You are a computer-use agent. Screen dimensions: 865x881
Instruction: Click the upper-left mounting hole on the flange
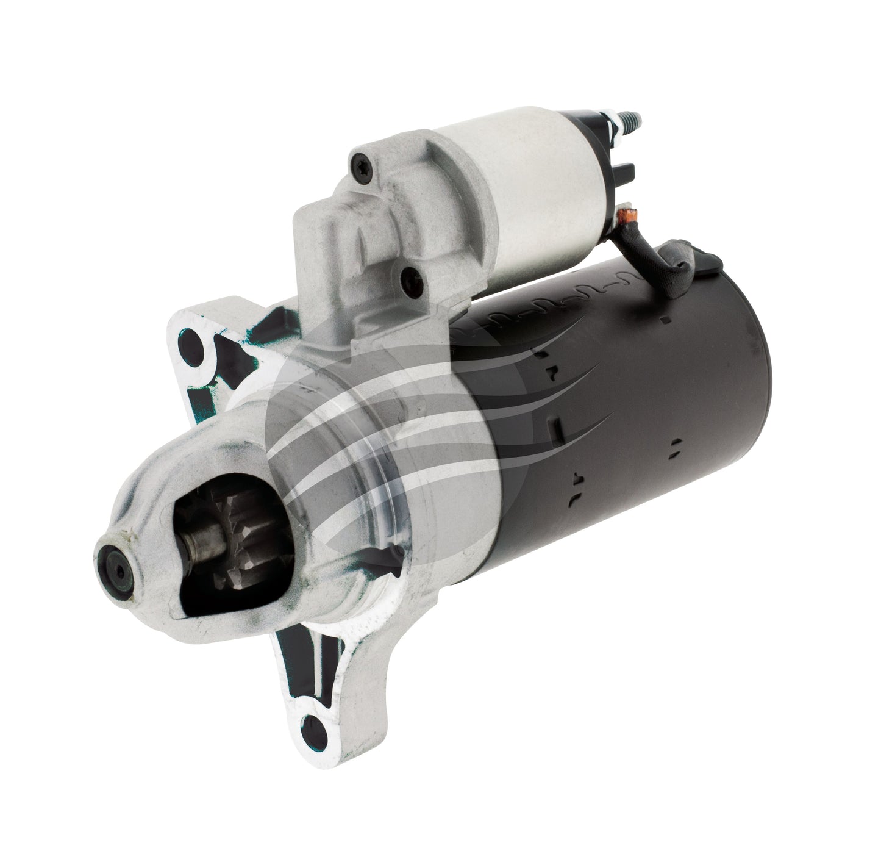(x=195, y=339)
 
